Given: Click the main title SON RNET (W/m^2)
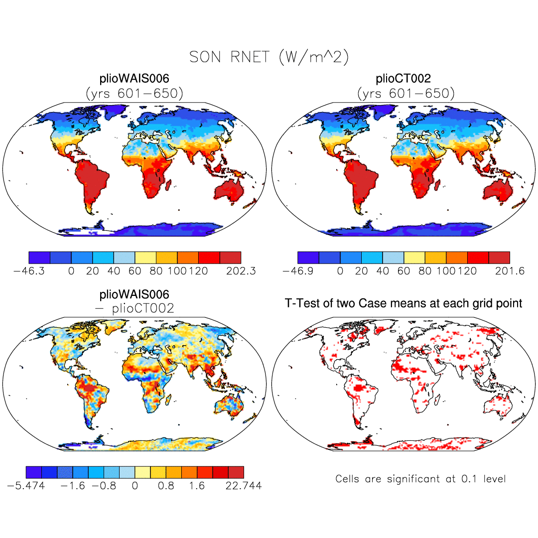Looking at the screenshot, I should (x=269, y=58).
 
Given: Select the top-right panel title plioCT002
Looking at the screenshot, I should (x=403, y=79).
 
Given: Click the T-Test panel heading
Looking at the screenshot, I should (x=403, y=303).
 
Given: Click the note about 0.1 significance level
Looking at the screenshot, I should (x=420, y=479).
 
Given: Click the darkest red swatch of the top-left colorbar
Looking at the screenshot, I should (x=231, y=258).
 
